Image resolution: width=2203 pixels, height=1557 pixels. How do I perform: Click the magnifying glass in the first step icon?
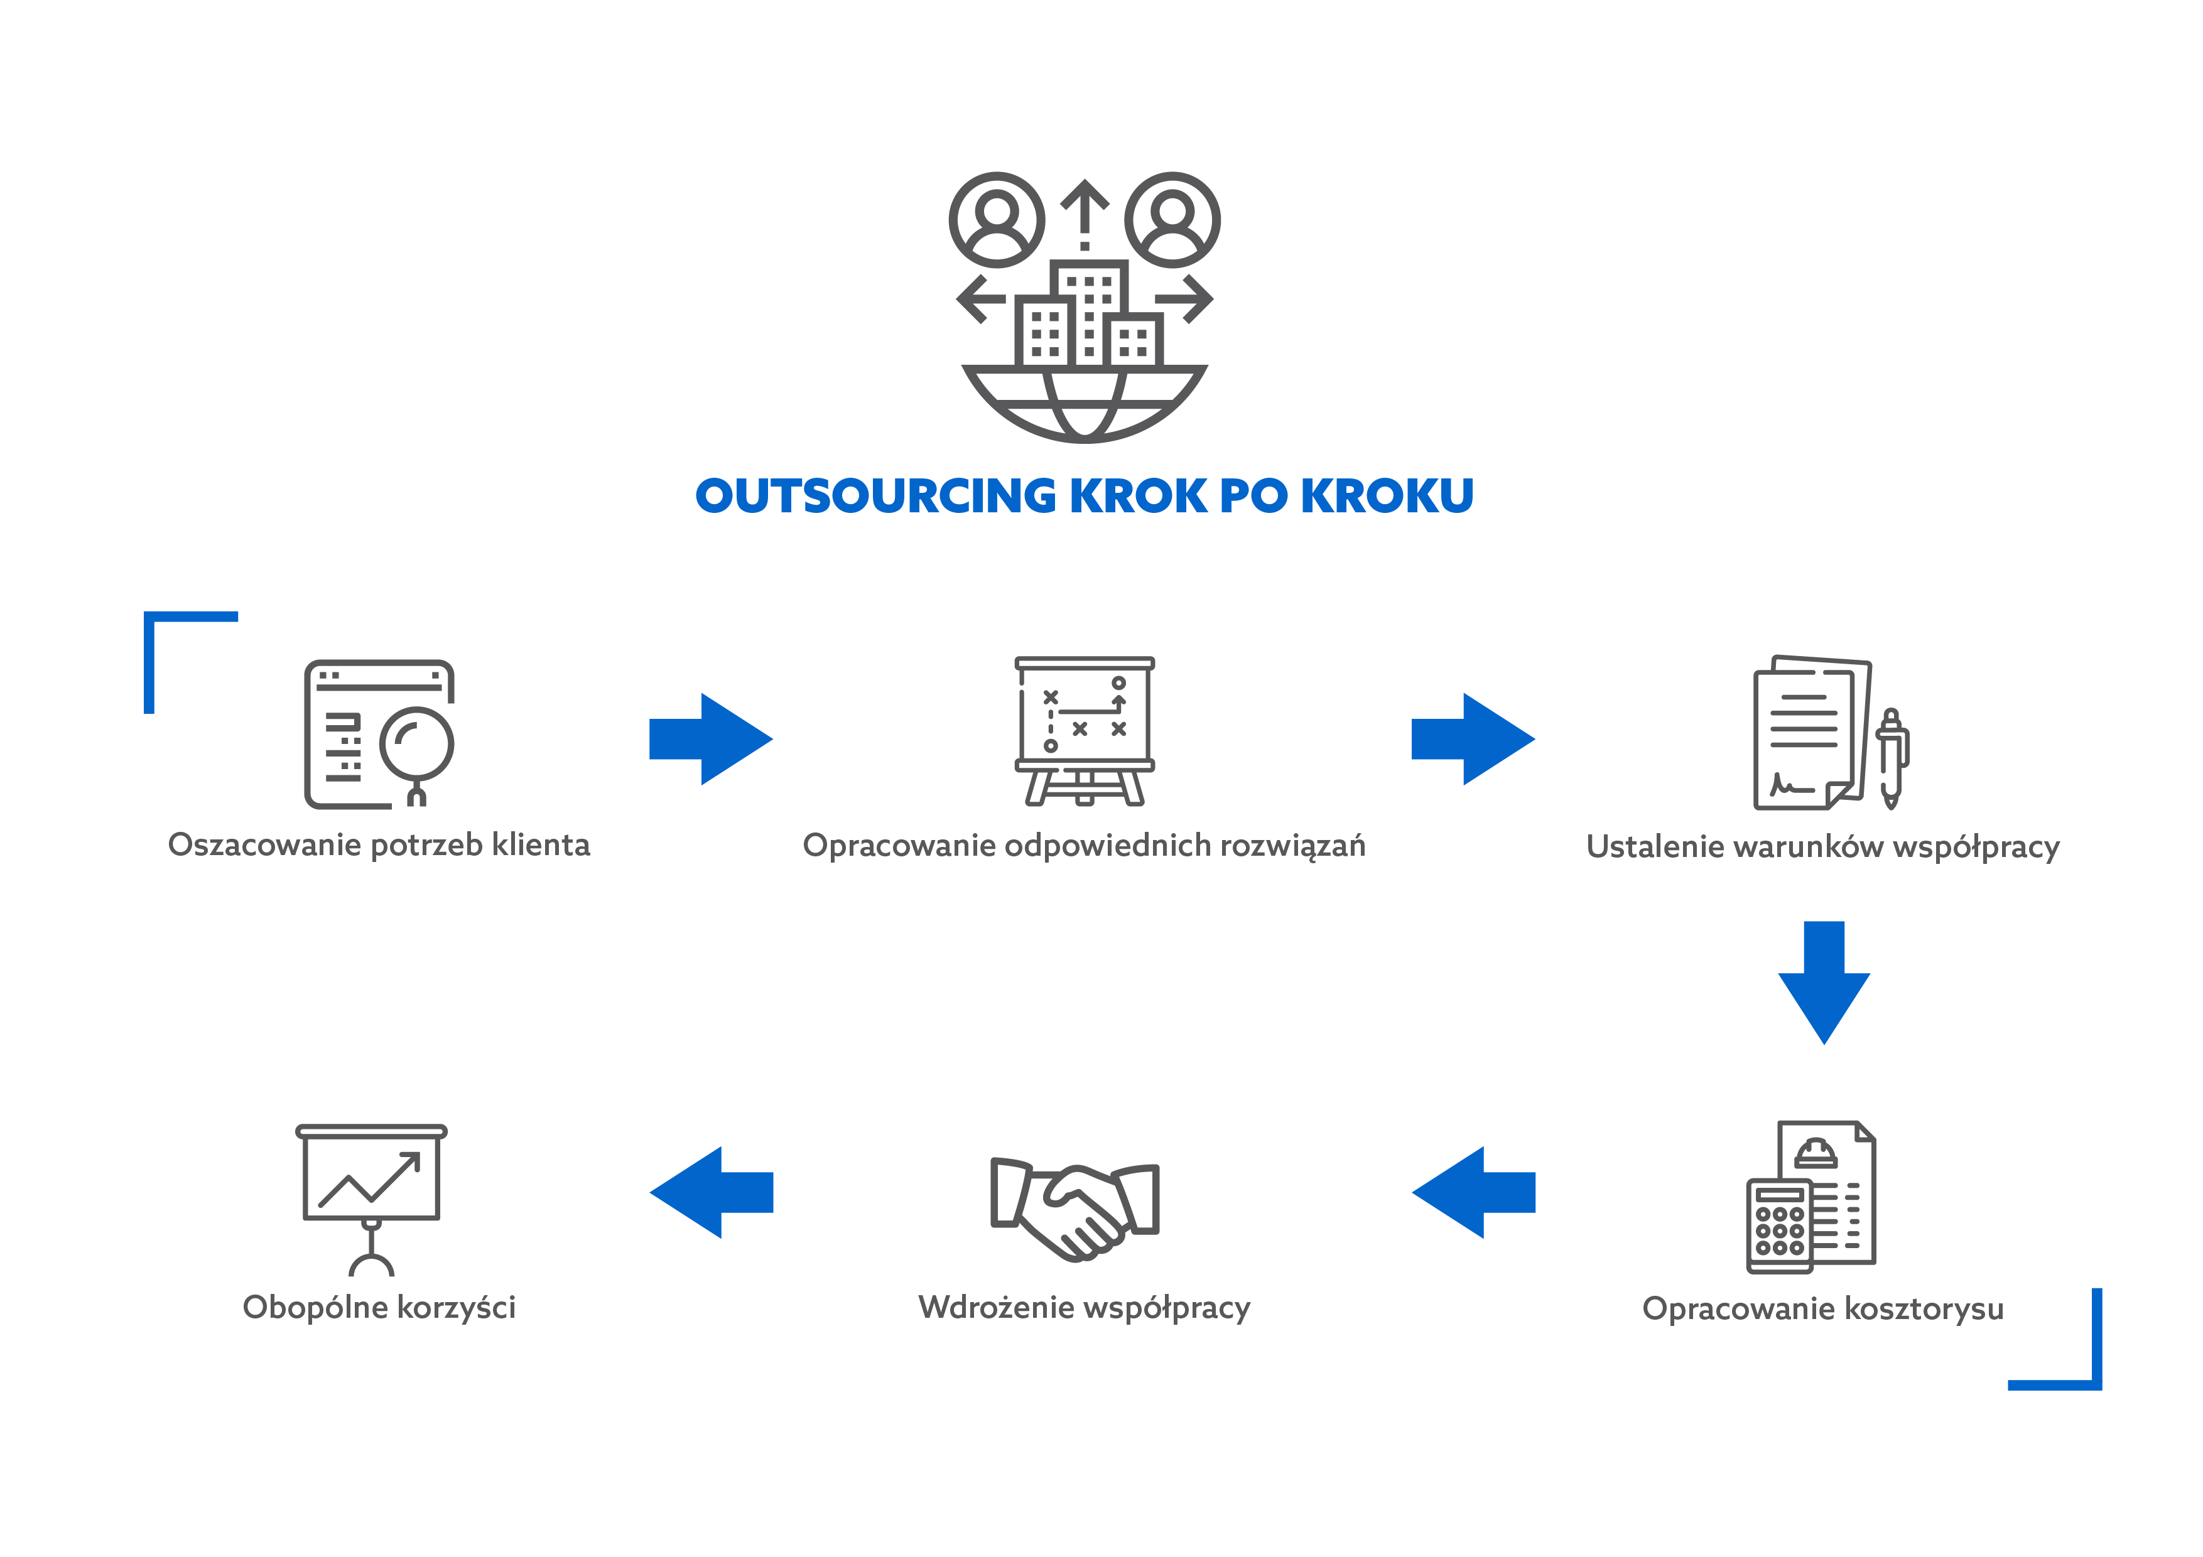click(416, 745)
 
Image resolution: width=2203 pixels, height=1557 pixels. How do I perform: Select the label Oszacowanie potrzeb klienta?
click(379, 845)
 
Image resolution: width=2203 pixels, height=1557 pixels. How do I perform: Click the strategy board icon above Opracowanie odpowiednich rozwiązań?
click(1084, 729)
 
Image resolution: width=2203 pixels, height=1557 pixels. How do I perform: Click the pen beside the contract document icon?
click(1891, 758)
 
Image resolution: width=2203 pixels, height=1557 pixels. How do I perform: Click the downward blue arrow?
click(1823, 981)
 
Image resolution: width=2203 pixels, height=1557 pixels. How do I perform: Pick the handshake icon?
click(1074, 1209)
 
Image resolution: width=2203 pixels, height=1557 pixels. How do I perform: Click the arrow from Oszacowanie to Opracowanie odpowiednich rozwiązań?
click(711, 739)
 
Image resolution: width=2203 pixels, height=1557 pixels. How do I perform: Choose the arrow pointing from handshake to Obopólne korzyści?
click(711, 1192)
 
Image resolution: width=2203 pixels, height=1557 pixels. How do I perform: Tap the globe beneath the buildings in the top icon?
click(1084, 403)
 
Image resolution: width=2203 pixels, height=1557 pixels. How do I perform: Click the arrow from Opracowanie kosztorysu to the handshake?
click(1473, 1192)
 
